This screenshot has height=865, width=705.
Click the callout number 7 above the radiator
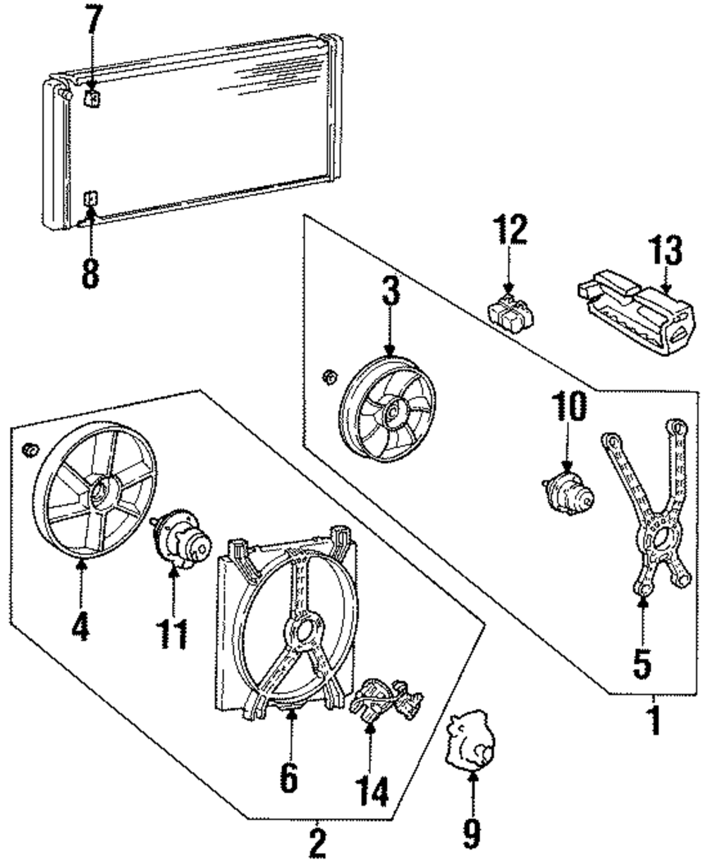(x=94, y=19)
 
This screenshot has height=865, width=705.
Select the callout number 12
(x=510, y=229)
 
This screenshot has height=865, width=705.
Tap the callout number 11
(x=172, y=634)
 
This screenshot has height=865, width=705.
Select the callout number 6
(x=289, y=776)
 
